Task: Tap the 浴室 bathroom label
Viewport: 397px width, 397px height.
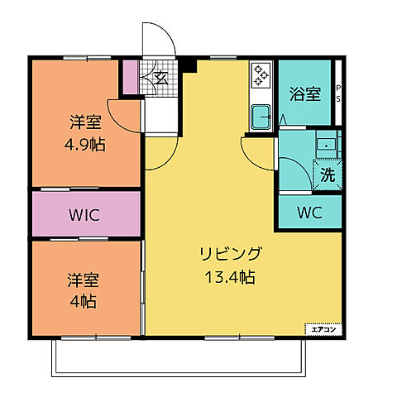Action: pyautogui.click(x=305, y=94)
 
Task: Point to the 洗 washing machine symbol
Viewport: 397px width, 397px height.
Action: pyautogui.click(x=328, y=175)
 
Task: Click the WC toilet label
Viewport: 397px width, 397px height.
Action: pyautogui.click(x=309, y=211)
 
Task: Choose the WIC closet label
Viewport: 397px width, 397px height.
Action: pyautogui.click(x=84, y=215)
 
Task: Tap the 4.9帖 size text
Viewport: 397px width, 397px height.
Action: pyautogui.click(x=84, y=144)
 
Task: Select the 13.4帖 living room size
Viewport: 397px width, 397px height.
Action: pyautogui.click(x=230, y=278)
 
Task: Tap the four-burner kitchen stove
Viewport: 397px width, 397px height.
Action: pyautogui.click(x=261, y=75)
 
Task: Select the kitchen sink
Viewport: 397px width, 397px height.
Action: pyautogui.click(x=260, y=115)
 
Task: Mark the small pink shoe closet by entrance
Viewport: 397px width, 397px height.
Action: pyautogui.click(x=130, y=77)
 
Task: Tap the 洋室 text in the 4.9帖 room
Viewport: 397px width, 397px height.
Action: pyautogui.click(x=84, y=123)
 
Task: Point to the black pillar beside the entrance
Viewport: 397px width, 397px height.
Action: pyautogui.click(x=189, y=65)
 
